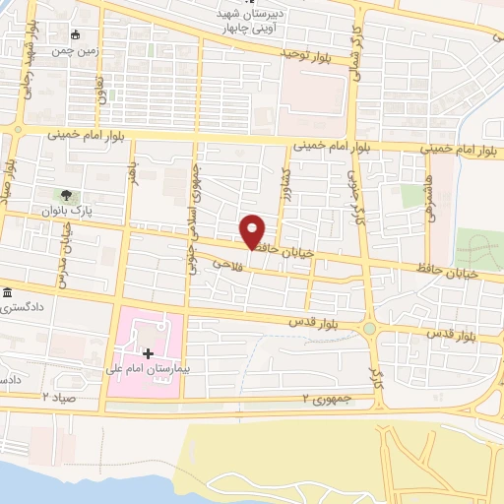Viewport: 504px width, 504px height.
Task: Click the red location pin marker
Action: coord(254,230)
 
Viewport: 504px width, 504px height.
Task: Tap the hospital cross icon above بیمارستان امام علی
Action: coord(148,353)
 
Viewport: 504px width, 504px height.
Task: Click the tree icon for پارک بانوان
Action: coord(66,196)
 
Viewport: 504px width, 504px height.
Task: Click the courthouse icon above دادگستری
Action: coord(8,293)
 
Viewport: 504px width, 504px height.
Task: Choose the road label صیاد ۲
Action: coord(59,396)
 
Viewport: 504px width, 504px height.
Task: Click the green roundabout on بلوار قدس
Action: coord(369,329)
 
